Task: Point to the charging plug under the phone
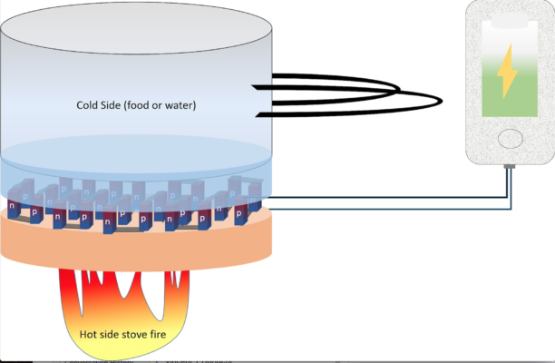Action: pyautogui.click(x=509, y=169)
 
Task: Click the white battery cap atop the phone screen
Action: pyautogui.click(x=509, y=19)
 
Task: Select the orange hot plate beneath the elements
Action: pyautogui.click(x=136, y=245)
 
